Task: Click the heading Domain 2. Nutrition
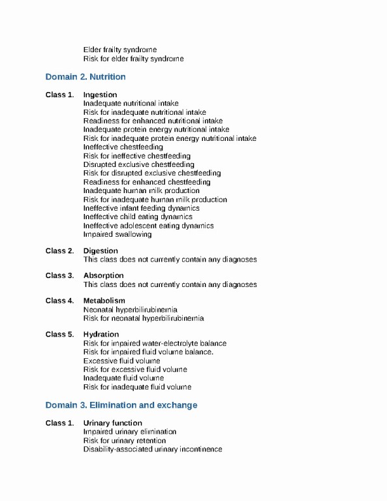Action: click(85, 77)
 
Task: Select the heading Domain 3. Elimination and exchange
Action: click(121, 405)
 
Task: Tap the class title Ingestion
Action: click(101, 95)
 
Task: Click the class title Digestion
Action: click(101, 250)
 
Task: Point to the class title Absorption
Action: click(103, 275)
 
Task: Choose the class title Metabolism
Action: click(104, 301)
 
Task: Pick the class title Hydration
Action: click(101, 335)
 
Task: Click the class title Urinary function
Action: click(113, 423)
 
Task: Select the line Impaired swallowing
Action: click(117, 234)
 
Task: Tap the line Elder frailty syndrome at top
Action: click(120, 50)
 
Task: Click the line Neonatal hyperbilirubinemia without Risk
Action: click(131, 309)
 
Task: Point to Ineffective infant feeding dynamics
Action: click(142, 208)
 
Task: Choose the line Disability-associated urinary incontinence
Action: click(153, 449)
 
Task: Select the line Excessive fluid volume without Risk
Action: click(122, 361)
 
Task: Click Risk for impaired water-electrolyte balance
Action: click(155, 343)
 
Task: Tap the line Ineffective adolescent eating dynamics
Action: click(148, 226)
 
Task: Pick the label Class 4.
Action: click(59, 301)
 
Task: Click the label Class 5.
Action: click(59, 335)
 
